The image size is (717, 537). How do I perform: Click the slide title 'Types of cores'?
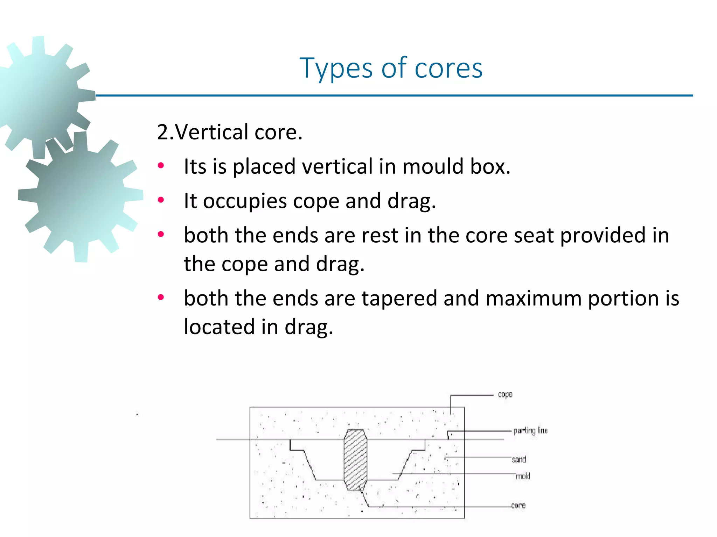(391, 68)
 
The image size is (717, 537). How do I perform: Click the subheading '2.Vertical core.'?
(230, 132)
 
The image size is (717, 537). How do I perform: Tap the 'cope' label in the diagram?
(505, 394)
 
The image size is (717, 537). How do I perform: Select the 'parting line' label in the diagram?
(530, 430)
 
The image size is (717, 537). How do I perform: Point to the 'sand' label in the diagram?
(519, 459)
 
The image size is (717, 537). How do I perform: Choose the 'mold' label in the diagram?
(523, 476)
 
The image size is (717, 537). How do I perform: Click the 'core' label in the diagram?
(518, 505)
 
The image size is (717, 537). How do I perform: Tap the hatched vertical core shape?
(355, 459)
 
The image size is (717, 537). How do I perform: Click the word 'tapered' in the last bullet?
(399, 298)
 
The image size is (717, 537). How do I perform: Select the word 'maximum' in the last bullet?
(533, 298)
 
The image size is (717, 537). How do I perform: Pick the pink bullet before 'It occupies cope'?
(161, 200)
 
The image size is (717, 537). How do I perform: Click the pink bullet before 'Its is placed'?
(161, 166)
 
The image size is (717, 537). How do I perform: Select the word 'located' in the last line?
(219, 327)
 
